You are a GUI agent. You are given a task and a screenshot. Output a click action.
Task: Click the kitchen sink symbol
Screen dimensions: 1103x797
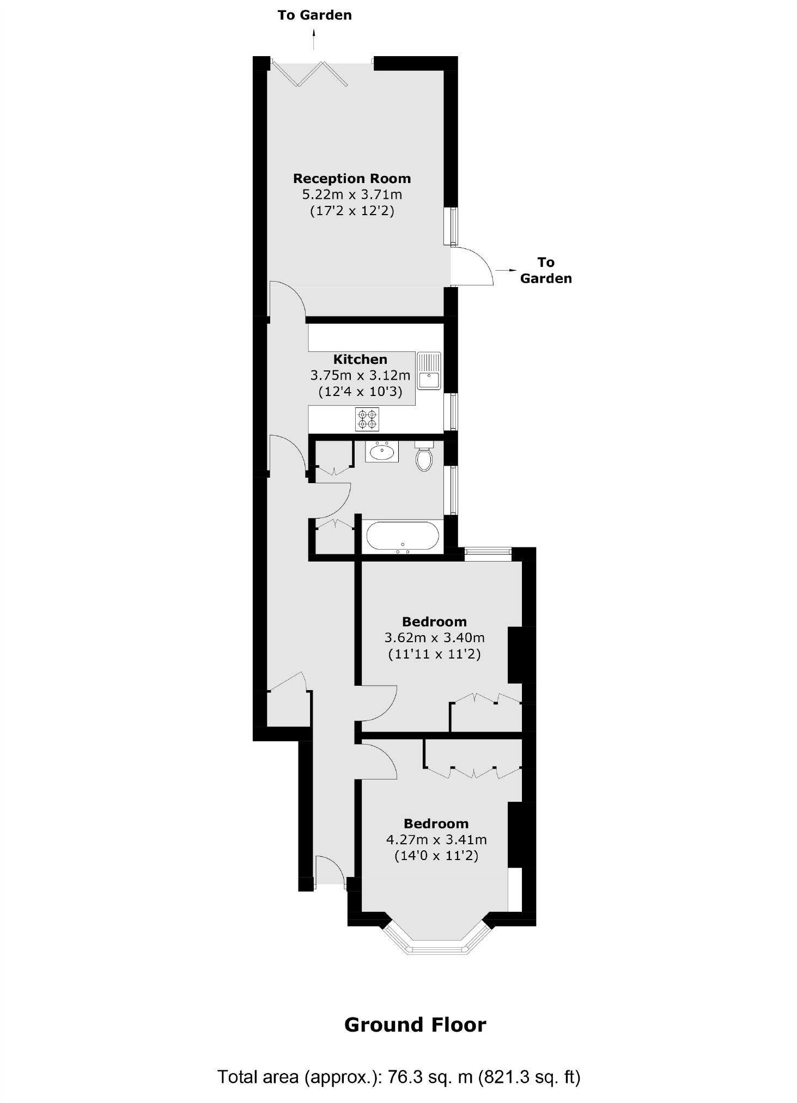pyautogui.click(x=429, y=371)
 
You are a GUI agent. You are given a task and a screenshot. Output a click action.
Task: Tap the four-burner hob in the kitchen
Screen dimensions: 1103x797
pyautogui.click(x=367, y=419)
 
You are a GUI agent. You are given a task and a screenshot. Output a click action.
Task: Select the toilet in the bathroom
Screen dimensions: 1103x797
pyautogui.click(x=424, y=457)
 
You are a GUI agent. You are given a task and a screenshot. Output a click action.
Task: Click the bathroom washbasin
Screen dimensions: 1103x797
pyautogui.click(x=381, y=452)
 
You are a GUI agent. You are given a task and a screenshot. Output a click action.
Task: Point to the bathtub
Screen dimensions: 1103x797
pyautogui.click(x=402, y=537)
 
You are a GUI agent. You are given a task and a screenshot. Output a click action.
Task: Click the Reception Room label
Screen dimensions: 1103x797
pyautogui.click(x=352, y=178)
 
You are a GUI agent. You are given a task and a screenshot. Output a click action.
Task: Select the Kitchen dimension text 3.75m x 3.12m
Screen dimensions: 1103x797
pyautogui.click(x=360, y=375)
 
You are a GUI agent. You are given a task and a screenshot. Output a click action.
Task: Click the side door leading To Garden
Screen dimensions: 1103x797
pyautogui.click(x=472, y=266)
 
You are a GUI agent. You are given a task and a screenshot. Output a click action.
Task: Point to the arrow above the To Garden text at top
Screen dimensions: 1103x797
pyautogui.click(x=314, y=40)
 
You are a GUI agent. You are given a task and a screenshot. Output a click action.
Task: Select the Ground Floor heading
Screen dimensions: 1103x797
pyautogui.click(x=415, y=1025)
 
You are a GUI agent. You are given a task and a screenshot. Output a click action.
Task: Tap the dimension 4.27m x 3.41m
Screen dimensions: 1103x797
pyautogui.click(x=436, y=839)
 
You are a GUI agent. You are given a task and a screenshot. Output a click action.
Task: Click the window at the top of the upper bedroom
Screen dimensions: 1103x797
pyautogui.click(x=488, y=554)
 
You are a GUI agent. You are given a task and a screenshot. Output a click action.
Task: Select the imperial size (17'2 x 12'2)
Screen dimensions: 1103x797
pyautogui.click(x=352, y=211)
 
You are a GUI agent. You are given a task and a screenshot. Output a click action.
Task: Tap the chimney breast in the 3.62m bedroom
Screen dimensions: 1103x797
pyautogui.click(x=515, y=655)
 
